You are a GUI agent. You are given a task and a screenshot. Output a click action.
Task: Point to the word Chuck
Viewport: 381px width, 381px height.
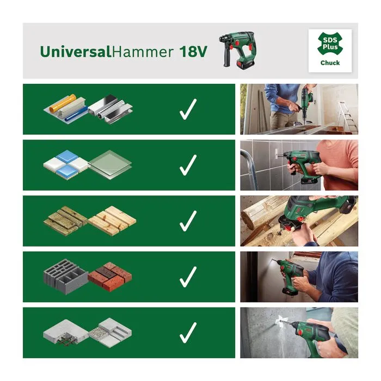tap(330, 63)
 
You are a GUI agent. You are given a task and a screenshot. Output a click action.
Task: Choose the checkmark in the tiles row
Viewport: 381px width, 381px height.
tap(188, 165)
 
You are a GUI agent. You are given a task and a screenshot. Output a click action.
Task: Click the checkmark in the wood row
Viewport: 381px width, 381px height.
tap(188, 220)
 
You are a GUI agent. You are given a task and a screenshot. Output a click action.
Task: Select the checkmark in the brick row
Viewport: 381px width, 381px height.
tap(188, 276)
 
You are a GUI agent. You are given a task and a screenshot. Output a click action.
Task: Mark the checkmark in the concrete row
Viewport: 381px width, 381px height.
tap(188, 333)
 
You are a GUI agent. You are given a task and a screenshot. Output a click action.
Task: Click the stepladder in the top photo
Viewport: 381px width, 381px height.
tap(346, 118)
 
